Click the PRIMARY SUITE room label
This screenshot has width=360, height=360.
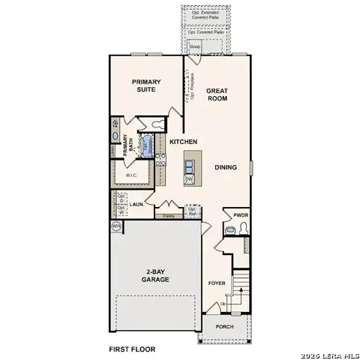pyautogui.click(x=146, y=86)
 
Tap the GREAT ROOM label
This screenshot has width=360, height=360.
pyautogui.click(x=217, y=95)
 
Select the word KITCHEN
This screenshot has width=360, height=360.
pyautogui.click(x=183, y=142)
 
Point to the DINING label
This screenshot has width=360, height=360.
pyautogui.click(x=226, y=167)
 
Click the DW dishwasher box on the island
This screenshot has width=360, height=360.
pyautogui.click(x=189, y=178)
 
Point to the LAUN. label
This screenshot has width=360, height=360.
pyautogui.click(x=136, y=203)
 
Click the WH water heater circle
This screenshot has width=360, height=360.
pyautogui.click(x=116, y=226)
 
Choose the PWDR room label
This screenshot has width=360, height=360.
pyautogui.click(x=241, y=215)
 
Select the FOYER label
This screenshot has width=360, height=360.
pyautogui.click(x=217, y=283)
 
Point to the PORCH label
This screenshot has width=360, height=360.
pyautogui.click(x=224, y=327)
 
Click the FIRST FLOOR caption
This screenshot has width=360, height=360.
pyautogui.click(x=133, y=349)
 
